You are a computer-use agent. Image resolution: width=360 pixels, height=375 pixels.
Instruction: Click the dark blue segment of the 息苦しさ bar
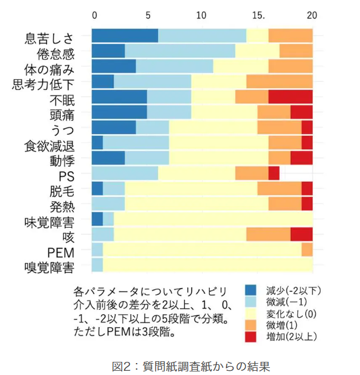[x=125, y=35]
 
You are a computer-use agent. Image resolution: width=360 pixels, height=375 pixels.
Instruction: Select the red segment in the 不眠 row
[x=290, y=97]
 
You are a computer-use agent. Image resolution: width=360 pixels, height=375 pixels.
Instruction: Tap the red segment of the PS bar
[x=274, y=173]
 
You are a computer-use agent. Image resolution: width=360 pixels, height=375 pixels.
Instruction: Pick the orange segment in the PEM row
[x=307, y=250]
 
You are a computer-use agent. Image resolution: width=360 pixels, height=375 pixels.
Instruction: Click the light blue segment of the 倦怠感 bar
[x=180, y=51]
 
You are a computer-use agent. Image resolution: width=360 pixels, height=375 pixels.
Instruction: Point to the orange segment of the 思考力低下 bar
[x=280, y=81]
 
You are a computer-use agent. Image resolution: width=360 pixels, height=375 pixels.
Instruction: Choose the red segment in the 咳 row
[x=302, y=234]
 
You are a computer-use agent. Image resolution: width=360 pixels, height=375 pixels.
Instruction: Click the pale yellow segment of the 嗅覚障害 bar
[x=207, y=265]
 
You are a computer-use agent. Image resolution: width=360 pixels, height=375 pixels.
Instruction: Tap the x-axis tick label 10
[x=201, y=14]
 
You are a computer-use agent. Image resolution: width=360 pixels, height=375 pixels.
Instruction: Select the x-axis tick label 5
[x=147, y=14]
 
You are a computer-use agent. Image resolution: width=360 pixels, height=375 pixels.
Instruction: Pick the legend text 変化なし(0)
[x=294, y=314]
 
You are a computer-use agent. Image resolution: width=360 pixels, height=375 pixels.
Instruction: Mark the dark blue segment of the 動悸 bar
[x=108, y=158]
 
